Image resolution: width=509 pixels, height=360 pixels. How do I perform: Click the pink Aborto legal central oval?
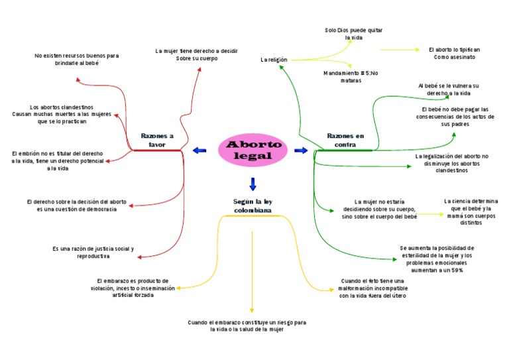[x=253, y=150]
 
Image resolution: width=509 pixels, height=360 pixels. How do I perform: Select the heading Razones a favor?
[x=157, y=141]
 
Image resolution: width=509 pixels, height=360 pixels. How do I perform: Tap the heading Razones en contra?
[x=345, y=141]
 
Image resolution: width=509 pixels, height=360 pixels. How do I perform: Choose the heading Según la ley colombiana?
[x=253, y=206]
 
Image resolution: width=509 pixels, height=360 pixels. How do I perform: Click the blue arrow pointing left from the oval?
[x=199, y=150]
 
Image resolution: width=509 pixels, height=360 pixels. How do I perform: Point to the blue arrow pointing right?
[x=301, y=150]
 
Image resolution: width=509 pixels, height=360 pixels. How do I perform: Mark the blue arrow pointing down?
[x=253, y=184]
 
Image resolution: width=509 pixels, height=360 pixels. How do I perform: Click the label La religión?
[x=274, y=60]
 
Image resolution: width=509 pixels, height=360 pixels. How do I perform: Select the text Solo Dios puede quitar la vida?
[x=353, y=34]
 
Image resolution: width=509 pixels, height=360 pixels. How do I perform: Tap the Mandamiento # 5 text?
[x=351, y=77]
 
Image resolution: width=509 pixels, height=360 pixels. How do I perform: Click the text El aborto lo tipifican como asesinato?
[x=454, y=53]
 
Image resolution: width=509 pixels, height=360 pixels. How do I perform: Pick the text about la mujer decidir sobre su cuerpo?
[x=196, y=54]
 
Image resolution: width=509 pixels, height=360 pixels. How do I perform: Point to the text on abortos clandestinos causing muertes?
[x=62, y=114]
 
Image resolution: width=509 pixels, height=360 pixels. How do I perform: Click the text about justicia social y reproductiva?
[x=93, y=252]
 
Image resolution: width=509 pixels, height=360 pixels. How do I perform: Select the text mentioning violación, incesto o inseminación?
[x=133, y=288]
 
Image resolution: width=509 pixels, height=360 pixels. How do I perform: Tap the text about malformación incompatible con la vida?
[x=372, y=288]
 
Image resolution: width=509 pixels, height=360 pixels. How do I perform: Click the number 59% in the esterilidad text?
[x=457, y=270]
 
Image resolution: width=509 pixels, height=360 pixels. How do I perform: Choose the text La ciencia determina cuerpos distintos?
[x=471, y=212]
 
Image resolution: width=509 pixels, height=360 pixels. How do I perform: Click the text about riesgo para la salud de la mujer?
[x=247, y=326]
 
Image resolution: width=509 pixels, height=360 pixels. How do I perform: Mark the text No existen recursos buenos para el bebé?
[x=77, y=60]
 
